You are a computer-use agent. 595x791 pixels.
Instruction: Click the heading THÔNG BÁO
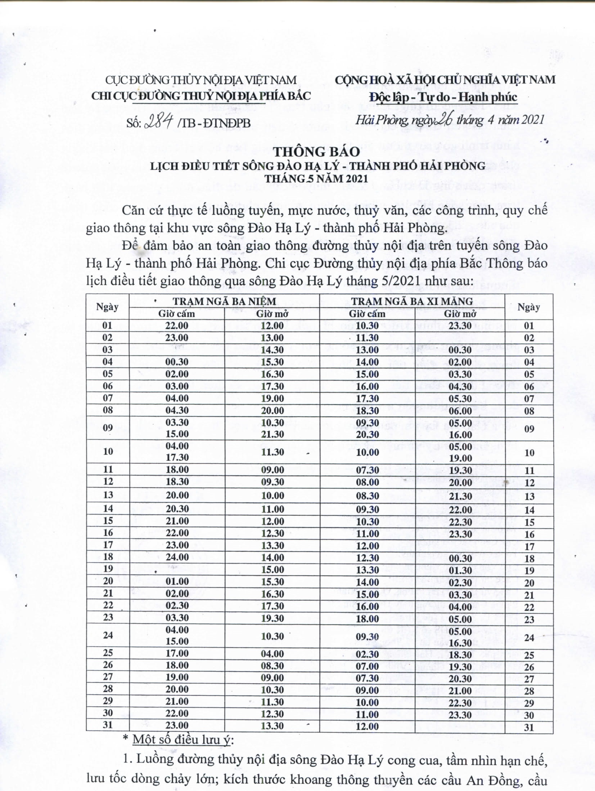pos(317,152)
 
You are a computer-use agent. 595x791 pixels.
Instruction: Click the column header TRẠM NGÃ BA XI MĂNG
pos(412,301)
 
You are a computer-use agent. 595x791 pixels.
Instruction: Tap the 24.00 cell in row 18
pos(177,557)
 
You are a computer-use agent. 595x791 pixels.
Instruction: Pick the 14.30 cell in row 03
pos(272,350)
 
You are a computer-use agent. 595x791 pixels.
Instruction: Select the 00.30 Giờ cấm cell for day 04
pos(177,362)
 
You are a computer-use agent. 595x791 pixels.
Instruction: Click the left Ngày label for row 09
pos(108,428)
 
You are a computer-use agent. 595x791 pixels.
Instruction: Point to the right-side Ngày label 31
pos(529,727)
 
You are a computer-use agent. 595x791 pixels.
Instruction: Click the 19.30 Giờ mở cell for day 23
pos(272,619)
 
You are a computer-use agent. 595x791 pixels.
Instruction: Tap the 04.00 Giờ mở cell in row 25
pos(272,654)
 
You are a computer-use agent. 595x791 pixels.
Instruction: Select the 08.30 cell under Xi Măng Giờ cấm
pos(367,496)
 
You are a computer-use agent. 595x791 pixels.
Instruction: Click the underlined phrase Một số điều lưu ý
pos(183,740)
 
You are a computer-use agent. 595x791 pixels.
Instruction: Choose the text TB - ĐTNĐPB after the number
pos(215,124)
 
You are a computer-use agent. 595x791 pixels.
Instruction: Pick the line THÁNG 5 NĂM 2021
pos(316,178)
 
